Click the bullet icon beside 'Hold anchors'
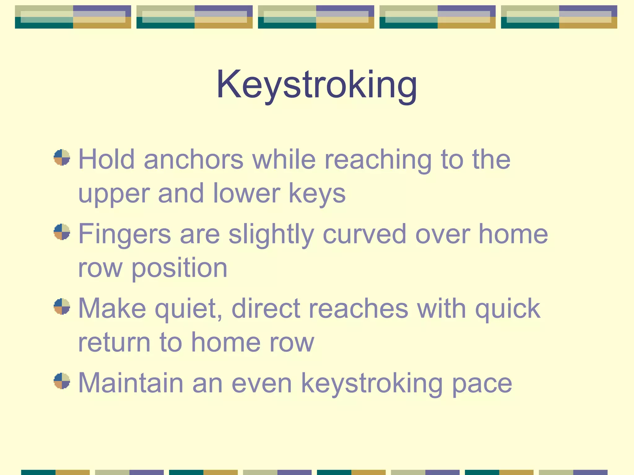pyautogui.click(x=62, y=157)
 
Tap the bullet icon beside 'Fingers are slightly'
pyautogui.click(x=62, y=232)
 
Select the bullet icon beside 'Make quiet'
pyautogui.click(x=62, y=306)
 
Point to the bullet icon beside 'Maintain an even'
pyautogui.click(x=62, y=381)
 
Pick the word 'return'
pyautogui.click(x=114, y=342)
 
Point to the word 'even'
pyautogui.click(x=262, y=384)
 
